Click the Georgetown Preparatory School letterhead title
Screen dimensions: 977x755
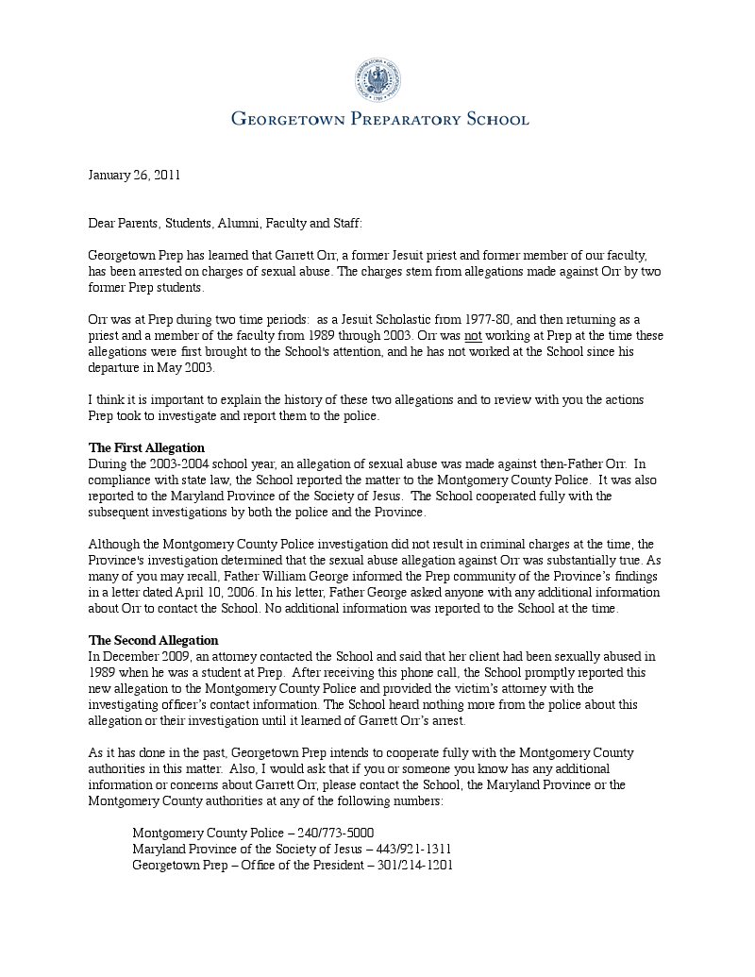(x=379, y=119)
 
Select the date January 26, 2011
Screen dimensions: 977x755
(x=134, y=175)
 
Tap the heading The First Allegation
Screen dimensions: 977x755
(x=146, y=447)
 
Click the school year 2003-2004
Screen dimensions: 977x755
(x=185, y=463)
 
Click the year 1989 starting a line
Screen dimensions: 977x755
(x=103, y=672)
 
